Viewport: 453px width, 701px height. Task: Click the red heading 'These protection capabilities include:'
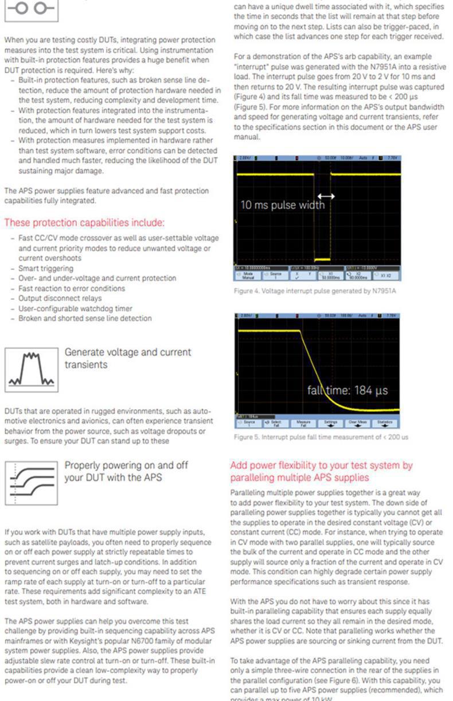click(x=84, y=222)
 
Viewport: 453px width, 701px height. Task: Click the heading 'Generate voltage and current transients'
click(x=128, y=358)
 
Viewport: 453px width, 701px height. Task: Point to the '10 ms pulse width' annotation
click(x=282, y=205)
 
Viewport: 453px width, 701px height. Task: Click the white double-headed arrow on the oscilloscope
click(x=326, y=196)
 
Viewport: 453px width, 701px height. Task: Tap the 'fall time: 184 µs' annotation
click(x=347, y=390)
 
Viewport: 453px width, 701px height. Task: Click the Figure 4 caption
click(x=315, y=291)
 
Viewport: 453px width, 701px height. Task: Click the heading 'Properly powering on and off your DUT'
click(x=121, y=471)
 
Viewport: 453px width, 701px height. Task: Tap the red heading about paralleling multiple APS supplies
click(x=321, y=471)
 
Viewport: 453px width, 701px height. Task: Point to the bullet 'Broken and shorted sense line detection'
click(x=85, y=318)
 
